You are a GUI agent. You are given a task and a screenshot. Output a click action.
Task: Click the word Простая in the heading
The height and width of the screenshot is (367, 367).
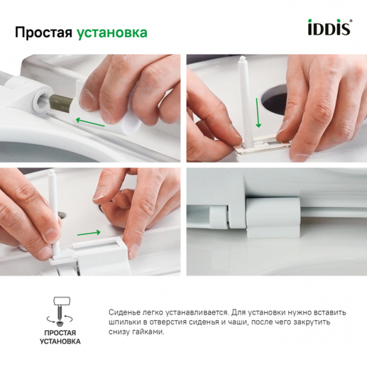pyautogui.click(x=43, y=32)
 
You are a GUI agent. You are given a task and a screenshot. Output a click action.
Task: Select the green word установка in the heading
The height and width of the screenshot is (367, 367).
pyautogui.click(x=112, y=33)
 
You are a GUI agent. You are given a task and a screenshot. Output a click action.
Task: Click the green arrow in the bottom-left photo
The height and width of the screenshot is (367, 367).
pyautogui.click(x=88, y=233)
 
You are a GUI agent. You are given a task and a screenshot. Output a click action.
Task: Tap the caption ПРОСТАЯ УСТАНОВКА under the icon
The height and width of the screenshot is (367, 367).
pyautogui.click(x=62, y=336)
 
